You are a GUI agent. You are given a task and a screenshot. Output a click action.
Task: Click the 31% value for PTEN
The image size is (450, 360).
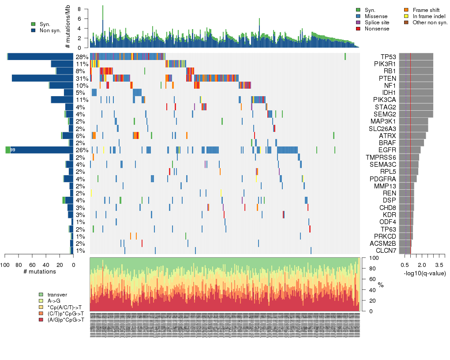coord(82,79)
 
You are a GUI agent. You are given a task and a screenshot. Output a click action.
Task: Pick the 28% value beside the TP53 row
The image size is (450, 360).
coord(82,57)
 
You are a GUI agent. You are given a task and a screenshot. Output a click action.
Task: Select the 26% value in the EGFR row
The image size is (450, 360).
coord(82,150)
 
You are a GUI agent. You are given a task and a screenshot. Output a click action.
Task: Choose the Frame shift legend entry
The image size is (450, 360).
coord(424,10)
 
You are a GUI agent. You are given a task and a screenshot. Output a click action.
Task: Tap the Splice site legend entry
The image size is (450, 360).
coord(379,22)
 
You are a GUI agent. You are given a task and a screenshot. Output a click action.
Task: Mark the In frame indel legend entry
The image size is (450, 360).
coord(426,16)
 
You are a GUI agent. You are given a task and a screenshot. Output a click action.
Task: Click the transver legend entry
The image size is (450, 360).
coord(57,294)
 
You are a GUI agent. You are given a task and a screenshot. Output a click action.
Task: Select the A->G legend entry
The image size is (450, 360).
coord(55,300)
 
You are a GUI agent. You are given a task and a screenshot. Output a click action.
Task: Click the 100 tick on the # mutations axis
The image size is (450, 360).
coord(5,265)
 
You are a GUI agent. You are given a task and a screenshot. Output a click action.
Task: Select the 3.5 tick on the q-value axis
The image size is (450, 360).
coord(439,265)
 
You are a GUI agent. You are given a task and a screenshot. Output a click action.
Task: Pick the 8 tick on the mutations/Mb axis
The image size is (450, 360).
coord(79,9)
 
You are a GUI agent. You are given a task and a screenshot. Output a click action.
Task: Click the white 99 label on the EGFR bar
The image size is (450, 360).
coord(13,150)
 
